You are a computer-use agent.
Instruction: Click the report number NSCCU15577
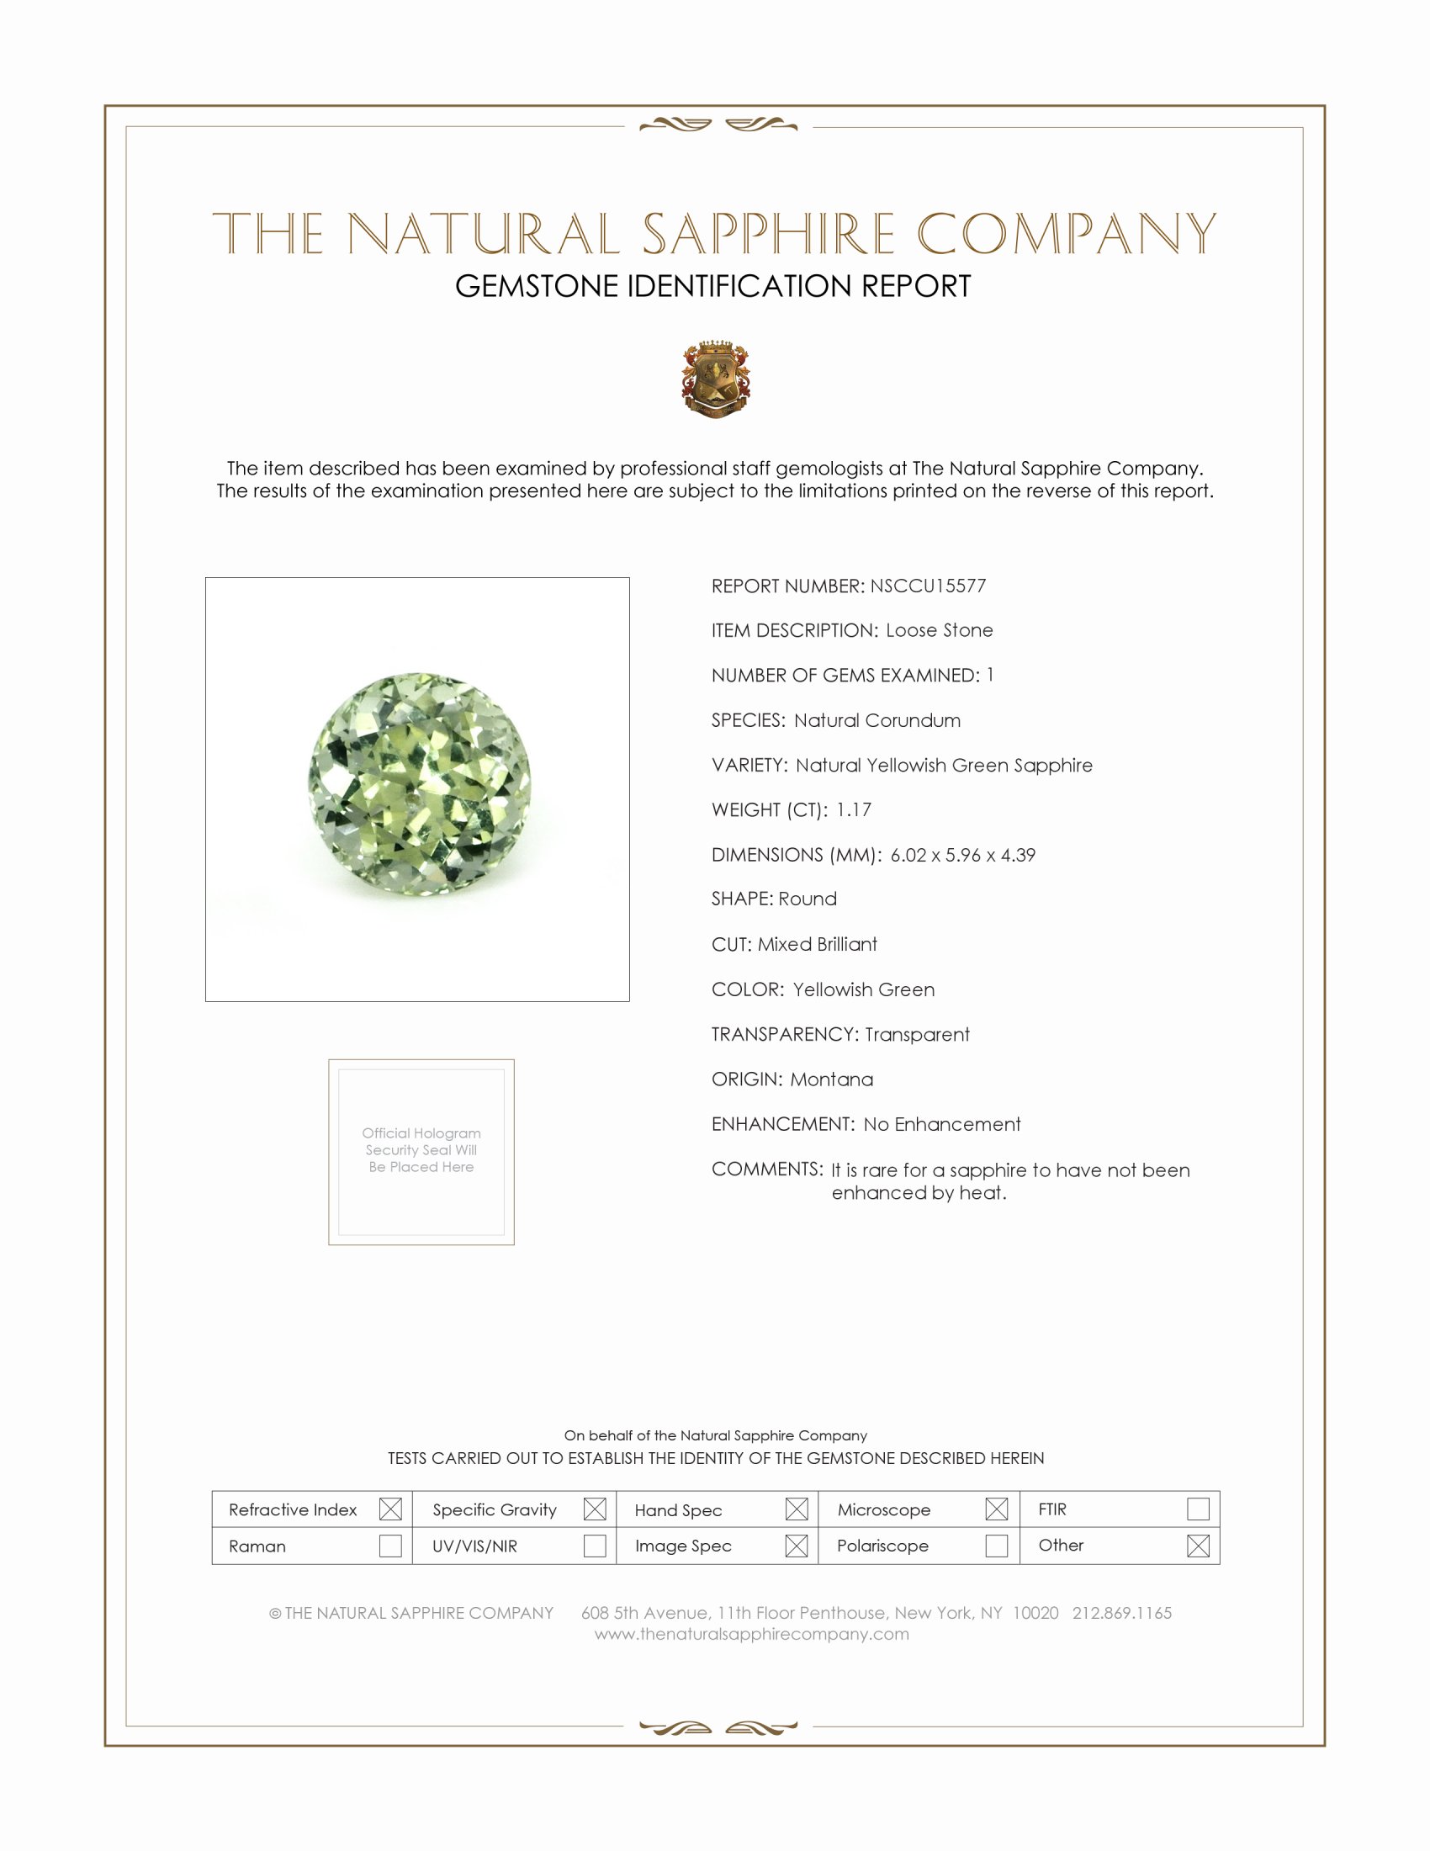928,586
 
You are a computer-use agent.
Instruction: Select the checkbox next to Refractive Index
390,1509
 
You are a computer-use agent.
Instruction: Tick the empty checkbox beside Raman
390,1545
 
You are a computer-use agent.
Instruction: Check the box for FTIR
1198,1509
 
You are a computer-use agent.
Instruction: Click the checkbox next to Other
1198,1545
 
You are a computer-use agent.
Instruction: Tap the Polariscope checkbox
996,1545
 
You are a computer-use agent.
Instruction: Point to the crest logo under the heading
716,379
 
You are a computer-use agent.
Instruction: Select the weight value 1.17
853,809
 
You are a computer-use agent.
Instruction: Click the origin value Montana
831,1079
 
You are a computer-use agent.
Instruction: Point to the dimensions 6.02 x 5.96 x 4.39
962,854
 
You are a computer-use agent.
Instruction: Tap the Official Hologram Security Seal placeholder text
421,1150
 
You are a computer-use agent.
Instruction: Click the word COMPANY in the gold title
1066,234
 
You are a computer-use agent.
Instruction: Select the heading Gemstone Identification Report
712,286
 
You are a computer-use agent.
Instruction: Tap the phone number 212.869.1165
1121,1613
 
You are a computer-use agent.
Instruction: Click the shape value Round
808,899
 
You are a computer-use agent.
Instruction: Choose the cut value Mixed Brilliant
817,944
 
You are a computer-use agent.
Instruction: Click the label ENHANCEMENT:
783,1124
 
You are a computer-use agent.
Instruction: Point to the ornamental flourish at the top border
718,125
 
